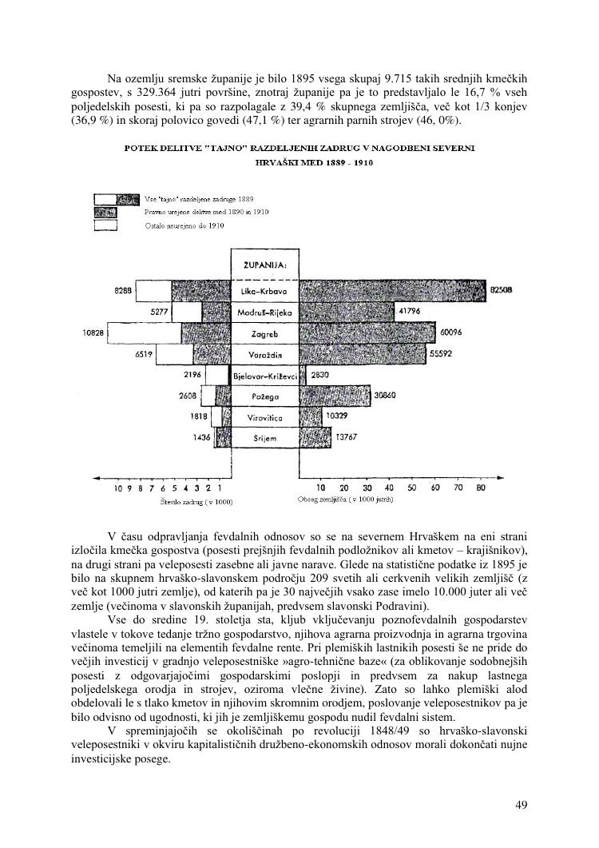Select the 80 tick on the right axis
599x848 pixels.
tap(481, 488)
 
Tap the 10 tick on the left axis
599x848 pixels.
tap(119, 488)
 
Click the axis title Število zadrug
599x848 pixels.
tap(196, 502)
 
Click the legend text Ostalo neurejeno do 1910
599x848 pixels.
tap(184, 226)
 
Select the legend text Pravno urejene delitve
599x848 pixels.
tap(206, 212)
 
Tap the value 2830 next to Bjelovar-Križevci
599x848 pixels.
tap(320, 375)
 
